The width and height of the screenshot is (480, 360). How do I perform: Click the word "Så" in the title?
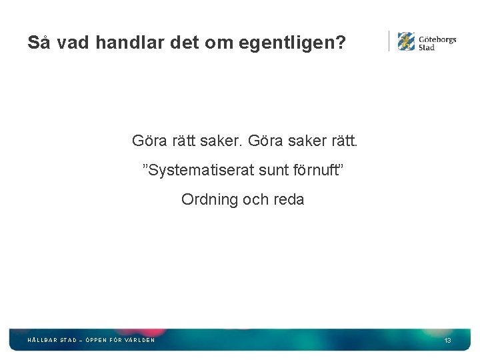39,43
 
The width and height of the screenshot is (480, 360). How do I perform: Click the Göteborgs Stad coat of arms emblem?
406,41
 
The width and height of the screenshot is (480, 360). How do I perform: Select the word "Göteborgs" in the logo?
437,39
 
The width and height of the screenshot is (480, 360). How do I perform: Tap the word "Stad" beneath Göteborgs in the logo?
427,47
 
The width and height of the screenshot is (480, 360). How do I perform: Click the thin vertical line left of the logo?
389,41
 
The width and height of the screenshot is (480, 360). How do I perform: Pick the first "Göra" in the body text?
147,141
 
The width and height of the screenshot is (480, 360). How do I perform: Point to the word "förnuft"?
316,171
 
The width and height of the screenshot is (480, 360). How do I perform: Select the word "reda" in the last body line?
288,199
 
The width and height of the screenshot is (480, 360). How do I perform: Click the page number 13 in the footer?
448,341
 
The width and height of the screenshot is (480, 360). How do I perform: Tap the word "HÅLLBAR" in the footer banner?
42,340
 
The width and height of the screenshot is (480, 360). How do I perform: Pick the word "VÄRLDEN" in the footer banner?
140,340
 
